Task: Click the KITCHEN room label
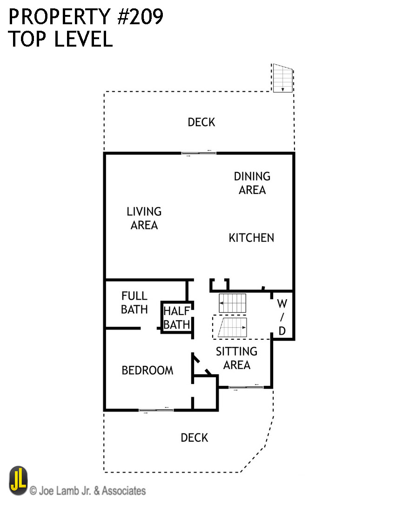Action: click(x=251, y=238)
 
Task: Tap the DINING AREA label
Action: click(x=252, y=183)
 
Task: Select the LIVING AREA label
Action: click(x=144, y=218)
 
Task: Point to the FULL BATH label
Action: click(x=134, y=302)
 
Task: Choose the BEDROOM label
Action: click(x=147, y=371)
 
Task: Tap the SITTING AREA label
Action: click(x=236, y=358)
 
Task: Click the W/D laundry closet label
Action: click(x=282, y=317)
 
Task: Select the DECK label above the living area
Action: click(x=201, y=122)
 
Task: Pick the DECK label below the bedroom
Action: click(x=194, y=438)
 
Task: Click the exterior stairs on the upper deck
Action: click(x=282, y=78)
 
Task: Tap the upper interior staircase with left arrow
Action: click(x=232, y=303)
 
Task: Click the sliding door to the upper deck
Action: click(x=199, y=152)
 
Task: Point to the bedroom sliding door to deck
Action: click(x=156, y=411)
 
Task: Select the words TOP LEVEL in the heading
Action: click(x=60, y=40)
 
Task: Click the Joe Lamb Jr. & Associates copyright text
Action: click(x=87, y=491)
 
